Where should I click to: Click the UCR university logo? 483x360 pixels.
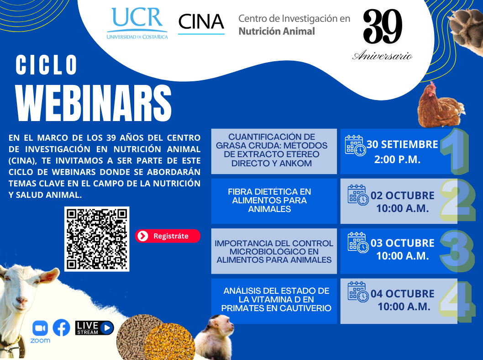[x=137, y=23]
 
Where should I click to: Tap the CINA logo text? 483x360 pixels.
[x=201, y=22]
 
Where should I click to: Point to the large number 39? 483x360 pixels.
[x=383, y=26]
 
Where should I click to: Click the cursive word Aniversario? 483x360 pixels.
[x=383, y=56]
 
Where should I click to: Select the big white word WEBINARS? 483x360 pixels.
[x=94, y=103]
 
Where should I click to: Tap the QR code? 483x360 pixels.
[x=97, y=239]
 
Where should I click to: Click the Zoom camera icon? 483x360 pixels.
[x=40, y=328]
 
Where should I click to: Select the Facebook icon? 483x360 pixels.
[x=61, y=328]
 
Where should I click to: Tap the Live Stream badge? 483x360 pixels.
[x=94, y=328]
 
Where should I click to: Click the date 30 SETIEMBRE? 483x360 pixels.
[x=402, y=144]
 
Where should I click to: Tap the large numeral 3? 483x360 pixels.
[x=457, y=251]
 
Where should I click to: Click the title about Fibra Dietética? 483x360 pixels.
[x=269, y=201]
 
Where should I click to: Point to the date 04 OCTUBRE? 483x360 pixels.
[x=402, y=294]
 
